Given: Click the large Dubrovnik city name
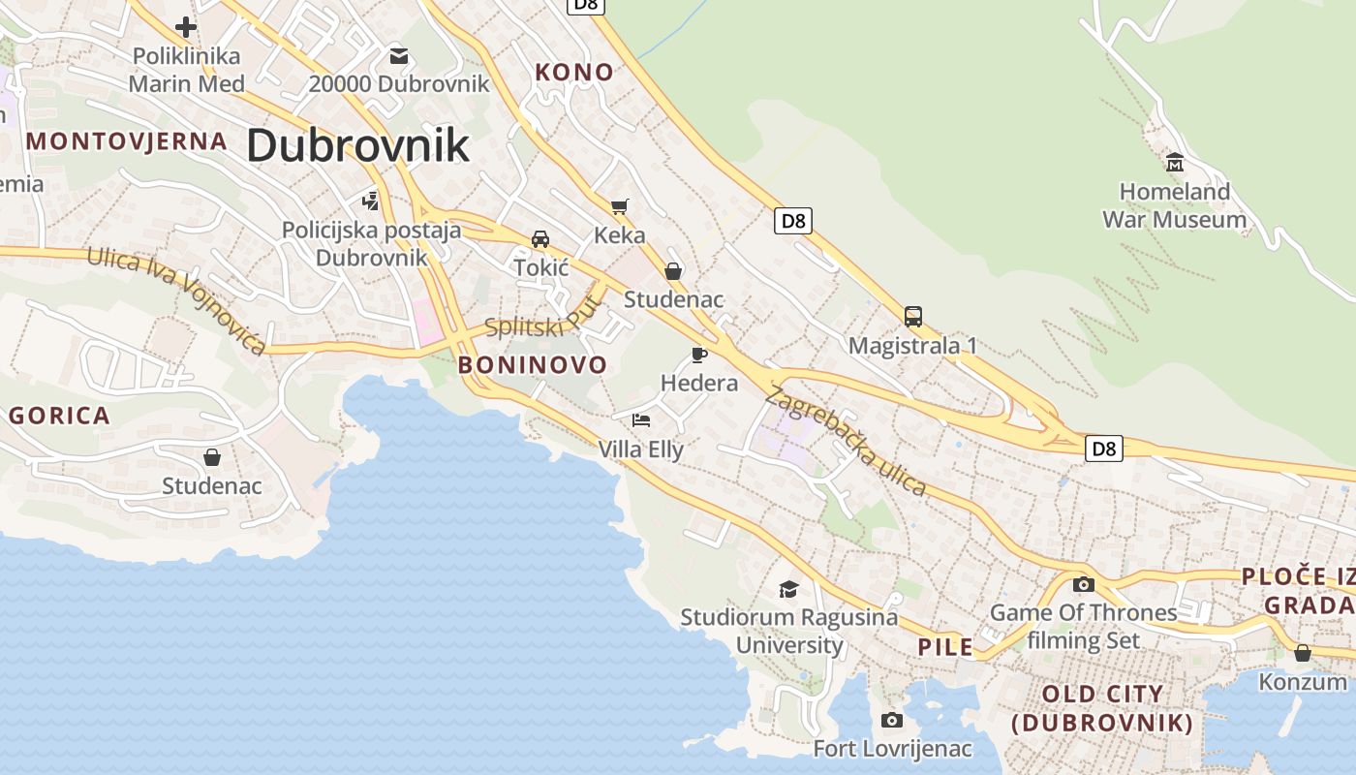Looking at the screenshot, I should click(357, 145).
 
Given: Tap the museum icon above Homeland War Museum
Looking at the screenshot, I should click(1175, 161).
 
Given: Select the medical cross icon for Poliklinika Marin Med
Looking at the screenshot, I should click(186, 27).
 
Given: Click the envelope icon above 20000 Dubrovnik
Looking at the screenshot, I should click(399, 55).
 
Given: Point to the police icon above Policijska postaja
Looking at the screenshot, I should click(370, 201).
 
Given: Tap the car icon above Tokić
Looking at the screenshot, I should click(540, 238).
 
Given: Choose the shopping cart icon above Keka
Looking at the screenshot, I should click(620, 205).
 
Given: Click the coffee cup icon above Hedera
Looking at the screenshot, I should click(699, 355).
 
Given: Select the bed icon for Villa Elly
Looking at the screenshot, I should click(641, 420).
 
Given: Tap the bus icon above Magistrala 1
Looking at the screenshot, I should click(912, 316).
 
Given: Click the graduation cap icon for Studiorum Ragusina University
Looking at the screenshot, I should click(789, 589).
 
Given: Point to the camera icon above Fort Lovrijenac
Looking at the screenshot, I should click(892, 720).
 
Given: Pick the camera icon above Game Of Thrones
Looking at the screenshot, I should click(1084, 584).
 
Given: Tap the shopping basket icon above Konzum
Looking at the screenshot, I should click(1303, 653).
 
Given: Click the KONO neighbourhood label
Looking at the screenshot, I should click(574, 72).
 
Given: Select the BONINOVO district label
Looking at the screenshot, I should click(533, 365).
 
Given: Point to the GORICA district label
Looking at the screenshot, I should click(59, 416).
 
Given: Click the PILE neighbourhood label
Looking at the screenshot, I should click(945, 647).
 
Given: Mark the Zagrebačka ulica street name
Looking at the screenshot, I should click(846, 441).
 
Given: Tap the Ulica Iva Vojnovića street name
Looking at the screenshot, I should click(176, 299).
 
